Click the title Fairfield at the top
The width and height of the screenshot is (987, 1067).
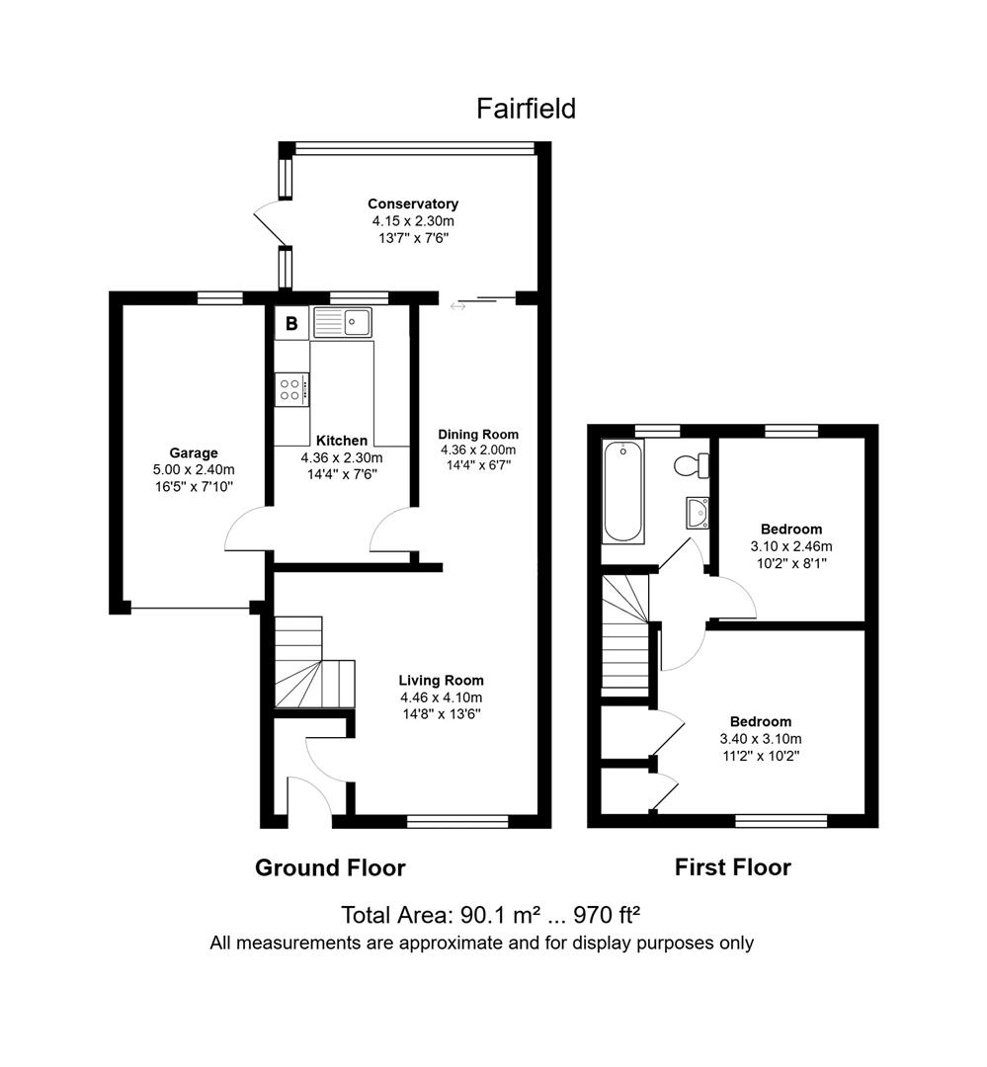click(x=526, y=108)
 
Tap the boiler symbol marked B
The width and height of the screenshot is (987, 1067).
click(x=291, y=323)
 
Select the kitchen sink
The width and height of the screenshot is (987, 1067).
click(x=342, y=322)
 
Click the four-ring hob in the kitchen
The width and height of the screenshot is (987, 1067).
click(x=291, y=388)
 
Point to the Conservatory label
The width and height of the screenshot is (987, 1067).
click(x=413, y=204)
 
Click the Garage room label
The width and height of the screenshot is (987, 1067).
click(x=193, y=453)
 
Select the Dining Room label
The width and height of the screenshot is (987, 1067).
click(x=478, y=434)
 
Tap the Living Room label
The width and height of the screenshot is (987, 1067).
click(x=441, y=680)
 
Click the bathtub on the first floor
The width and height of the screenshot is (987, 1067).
click(x=622, y=492)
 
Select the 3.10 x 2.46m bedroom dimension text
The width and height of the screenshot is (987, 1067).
click(x=790, y=546)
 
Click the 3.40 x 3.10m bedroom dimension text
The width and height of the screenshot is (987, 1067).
click(x=761, y=738)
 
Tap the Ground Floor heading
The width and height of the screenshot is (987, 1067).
click(x=330, y=867)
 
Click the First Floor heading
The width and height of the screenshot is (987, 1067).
click(x=732, y=867)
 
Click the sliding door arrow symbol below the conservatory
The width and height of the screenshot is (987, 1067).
click(x=458, y=306)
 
